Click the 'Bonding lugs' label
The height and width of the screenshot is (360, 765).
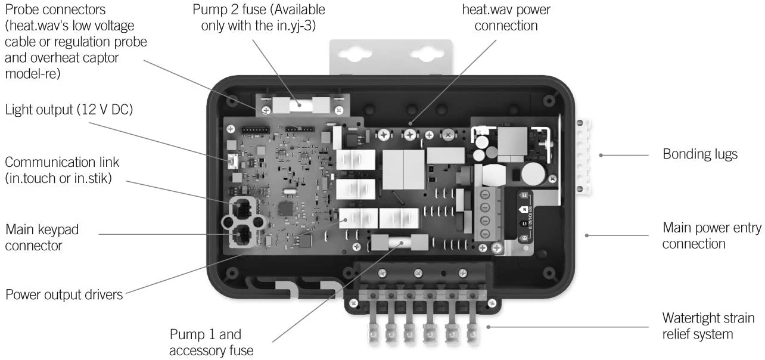click(x=700, y=154)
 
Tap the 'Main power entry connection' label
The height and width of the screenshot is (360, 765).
click(x=694, y=235)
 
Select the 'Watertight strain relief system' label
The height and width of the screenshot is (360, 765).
click(x=708, y=326)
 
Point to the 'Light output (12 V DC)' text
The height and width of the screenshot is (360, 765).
click(x=69, y=110)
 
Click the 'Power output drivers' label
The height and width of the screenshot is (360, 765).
click(x=64, y=294)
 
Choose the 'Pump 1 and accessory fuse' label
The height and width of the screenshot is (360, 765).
click(x=206, y=342)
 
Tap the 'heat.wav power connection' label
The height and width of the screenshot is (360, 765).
click(x=500, y=18)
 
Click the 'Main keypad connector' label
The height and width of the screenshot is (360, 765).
click(x=42, y=237)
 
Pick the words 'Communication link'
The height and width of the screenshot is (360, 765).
click(x=62, y=162)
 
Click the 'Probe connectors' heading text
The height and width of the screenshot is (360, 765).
click(x=55, y=10)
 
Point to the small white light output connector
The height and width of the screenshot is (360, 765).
click(x=231, y=162)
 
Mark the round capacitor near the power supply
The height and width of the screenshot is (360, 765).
click(x=531, y=173)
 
